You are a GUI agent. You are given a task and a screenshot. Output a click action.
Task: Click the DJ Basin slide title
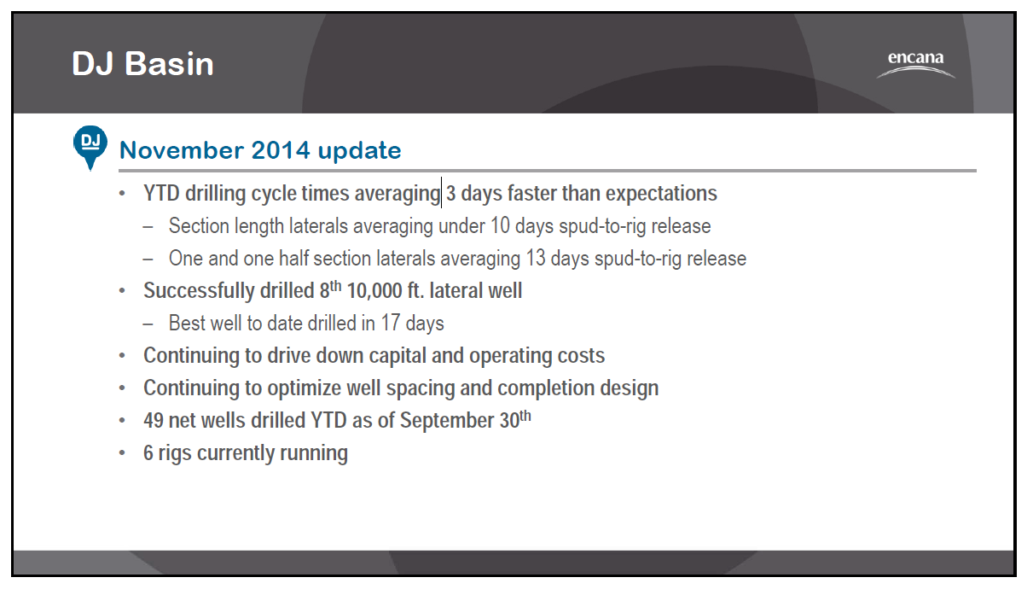142,63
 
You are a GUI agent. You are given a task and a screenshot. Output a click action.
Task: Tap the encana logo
916,64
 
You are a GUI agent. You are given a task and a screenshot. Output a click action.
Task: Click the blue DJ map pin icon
90,148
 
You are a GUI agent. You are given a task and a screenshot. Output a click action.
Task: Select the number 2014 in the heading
280,150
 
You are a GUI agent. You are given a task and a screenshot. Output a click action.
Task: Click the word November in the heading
183,150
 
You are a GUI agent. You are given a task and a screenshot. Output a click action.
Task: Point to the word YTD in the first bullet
161,193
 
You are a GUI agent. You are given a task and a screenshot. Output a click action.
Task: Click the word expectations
661,194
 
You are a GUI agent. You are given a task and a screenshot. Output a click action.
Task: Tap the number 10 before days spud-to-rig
500,225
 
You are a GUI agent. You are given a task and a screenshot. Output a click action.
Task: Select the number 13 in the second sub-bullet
536,258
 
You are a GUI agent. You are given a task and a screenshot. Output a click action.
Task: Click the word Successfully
199,291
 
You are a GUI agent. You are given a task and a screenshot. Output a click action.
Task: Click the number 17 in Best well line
390,323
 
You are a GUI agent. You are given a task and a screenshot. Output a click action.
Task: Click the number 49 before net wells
153,420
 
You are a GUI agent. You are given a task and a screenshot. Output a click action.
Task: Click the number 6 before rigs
148,452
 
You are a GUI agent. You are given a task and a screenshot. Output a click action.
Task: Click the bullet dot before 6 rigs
122,452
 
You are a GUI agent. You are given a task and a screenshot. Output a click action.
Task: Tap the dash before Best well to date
148,324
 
